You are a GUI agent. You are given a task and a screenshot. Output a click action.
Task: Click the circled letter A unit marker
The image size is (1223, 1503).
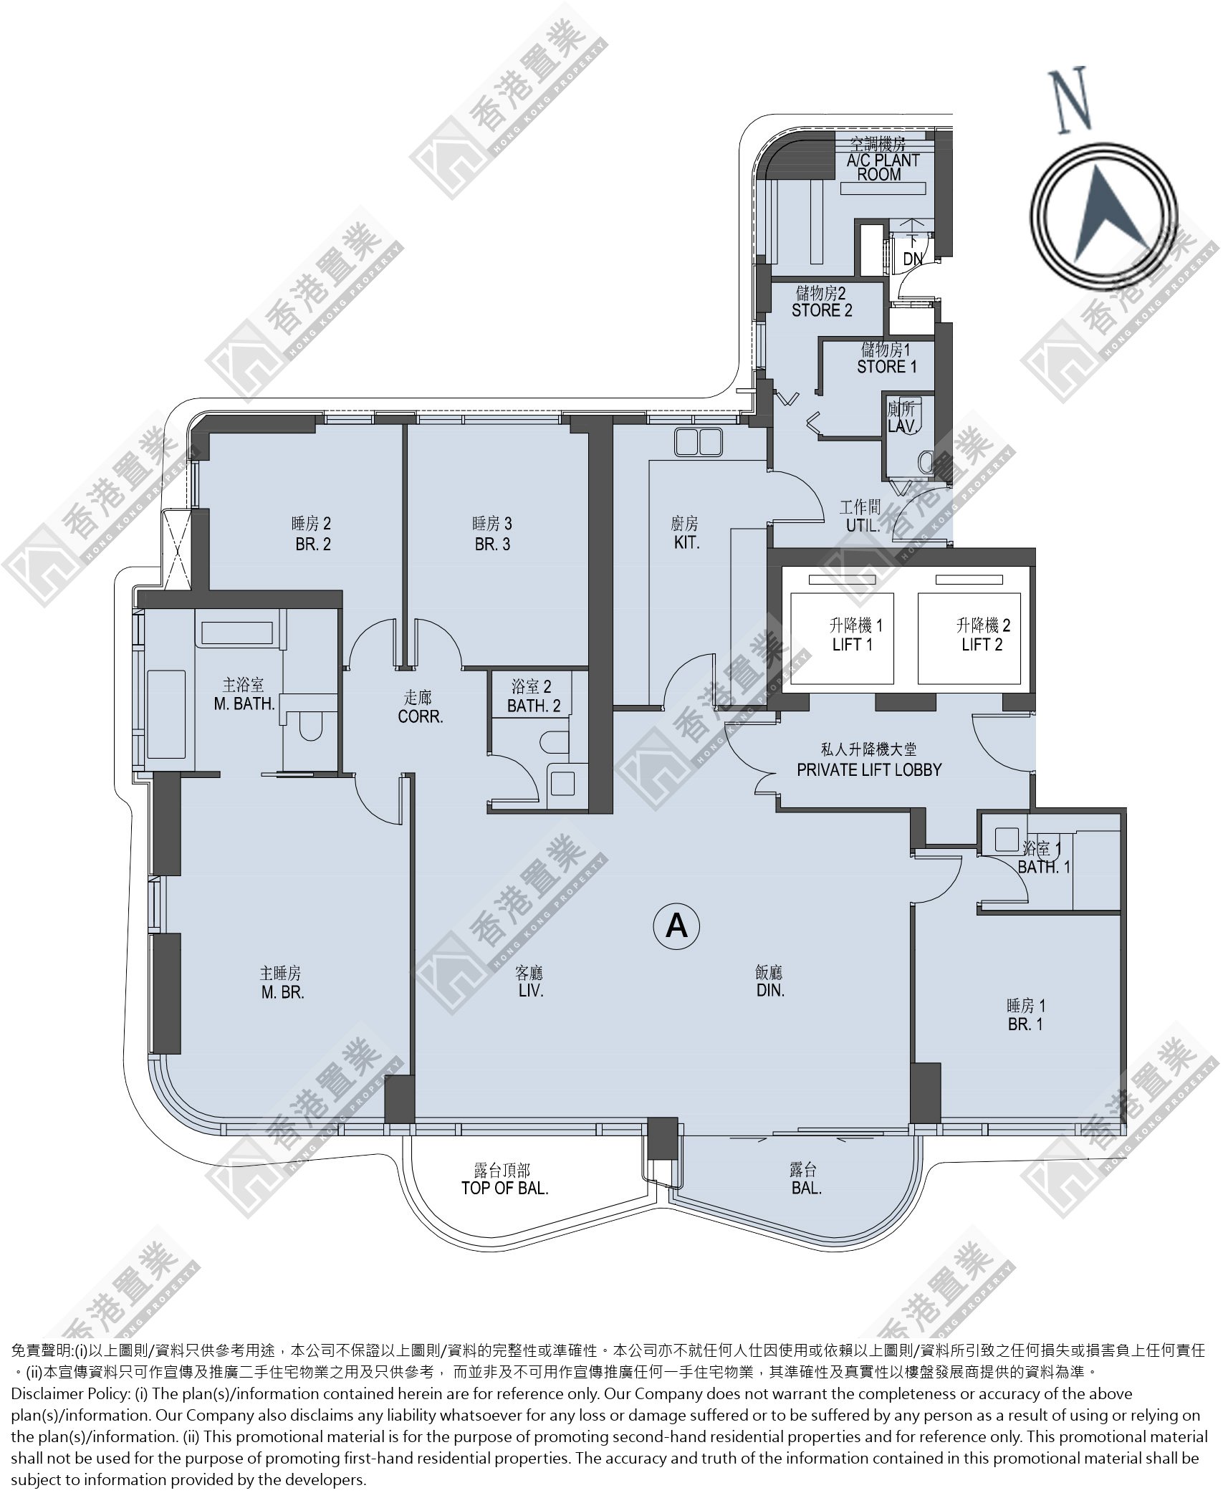tap(676, 926)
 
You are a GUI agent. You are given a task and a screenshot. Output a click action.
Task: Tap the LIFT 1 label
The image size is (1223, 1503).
tap(852, 645)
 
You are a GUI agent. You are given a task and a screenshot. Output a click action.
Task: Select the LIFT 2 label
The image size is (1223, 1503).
tap(982, 645)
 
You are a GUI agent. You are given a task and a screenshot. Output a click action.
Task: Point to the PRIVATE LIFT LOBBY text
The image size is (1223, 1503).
tap(869, 769)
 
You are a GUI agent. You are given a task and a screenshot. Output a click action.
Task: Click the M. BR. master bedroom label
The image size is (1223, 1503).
tap(282, 993)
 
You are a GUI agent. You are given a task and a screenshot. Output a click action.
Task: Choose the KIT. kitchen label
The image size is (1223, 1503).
tap(686, 543)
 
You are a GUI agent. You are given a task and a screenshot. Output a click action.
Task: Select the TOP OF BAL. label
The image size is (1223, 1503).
tap(504, 1189)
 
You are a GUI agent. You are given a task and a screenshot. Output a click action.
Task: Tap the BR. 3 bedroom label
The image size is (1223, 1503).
tap(492, 544)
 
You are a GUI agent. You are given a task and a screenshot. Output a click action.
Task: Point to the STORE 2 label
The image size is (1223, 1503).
tap(822, 311)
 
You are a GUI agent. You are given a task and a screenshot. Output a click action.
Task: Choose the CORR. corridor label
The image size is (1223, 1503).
tap(421, 716)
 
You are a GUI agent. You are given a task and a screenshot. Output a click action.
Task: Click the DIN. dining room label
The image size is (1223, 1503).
tap(770, 991)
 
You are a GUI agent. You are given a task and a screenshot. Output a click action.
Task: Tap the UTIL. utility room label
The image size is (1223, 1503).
tap(863, 525)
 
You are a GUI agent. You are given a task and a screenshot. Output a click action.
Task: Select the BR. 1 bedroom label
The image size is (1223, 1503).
tap(1025, 1024)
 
